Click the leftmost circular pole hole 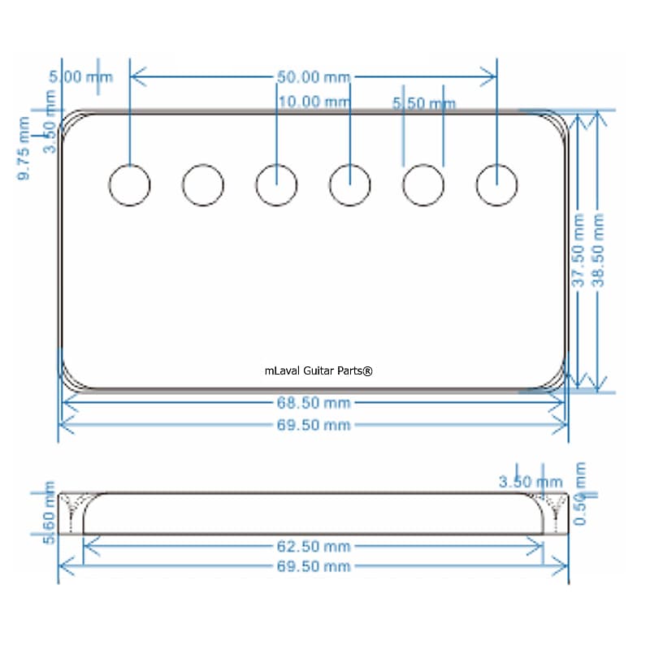click(130, 185)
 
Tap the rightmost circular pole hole click(496, 185)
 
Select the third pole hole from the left click(276, 185)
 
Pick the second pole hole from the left click(203, 185)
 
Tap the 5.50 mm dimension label click(423, 104)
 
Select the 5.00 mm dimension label click(80, 77)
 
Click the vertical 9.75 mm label click(24, 149)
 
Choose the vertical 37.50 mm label click(578, 250)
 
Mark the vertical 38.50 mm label click(599, 250)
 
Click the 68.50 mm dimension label click(314, 403)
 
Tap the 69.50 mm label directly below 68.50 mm click(314, 425)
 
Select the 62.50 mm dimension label click(314, 547)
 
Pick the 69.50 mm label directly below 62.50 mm click(314, 566)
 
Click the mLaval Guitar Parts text click(318, 371)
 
